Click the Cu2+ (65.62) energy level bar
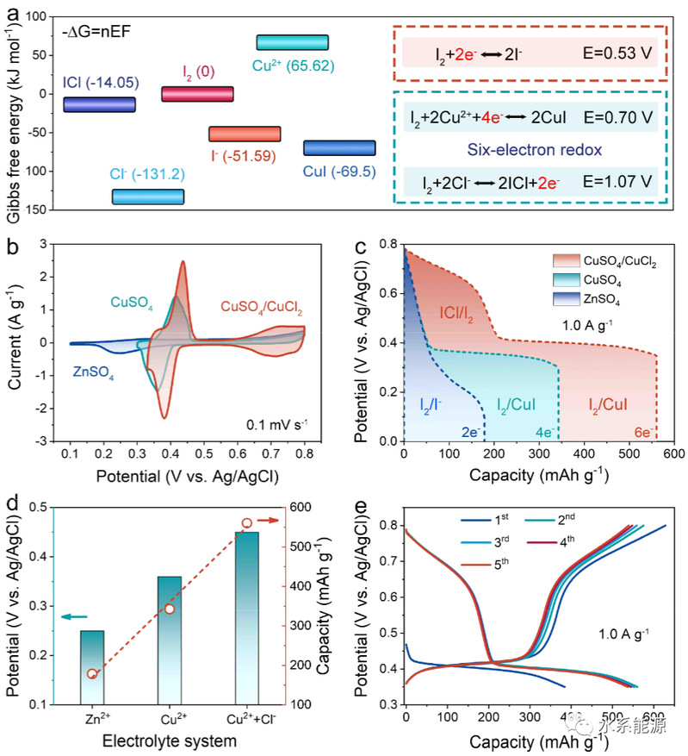pos(293,42)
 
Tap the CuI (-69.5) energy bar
pos(339,147)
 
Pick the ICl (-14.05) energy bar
pos(100,104)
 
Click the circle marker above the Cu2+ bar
pos(170,609)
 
